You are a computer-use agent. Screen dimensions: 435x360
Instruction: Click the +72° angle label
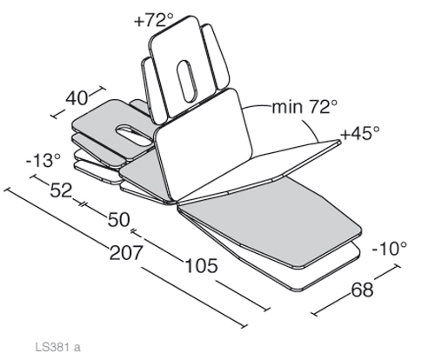(x=154, y=21)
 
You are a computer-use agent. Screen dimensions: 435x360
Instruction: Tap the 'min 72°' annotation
(x=304, y=107)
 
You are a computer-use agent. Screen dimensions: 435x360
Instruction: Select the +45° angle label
(x=360, y=133)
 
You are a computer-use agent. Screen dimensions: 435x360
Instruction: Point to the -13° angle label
(x=43, y=160)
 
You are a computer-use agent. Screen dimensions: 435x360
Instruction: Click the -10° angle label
(x=389, y=249)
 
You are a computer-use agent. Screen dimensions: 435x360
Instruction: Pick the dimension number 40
(x=77, y=98)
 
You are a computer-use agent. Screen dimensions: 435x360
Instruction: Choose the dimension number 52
(x=61, y=190)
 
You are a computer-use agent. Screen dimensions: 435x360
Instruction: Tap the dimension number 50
(x=118, y=220)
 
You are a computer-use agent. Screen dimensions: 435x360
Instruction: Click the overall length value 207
(x=126, y=252)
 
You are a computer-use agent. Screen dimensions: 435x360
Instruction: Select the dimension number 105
(x=201, y=265)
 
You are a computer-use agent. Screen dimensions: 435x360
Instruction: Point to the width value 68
(x=362, y=290)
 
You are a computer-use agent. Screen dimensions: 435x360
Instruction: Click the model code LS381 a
(x=57, y=347)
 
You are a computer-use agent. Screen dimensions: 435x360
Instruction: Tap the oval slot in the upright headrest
(x=187, y=81)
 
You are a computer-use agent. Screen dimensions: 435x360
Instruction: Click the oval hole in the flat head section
(x=133, y=135)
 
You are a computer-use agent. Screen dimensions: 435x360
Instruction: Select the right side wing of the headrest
(x=215, y=57)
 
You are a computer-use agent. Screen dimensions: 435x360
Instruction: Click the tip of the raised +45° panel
(x=341, y=141)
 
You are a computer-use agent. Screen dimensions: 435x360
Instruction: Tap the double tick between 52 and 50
(x=83, y=203)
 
